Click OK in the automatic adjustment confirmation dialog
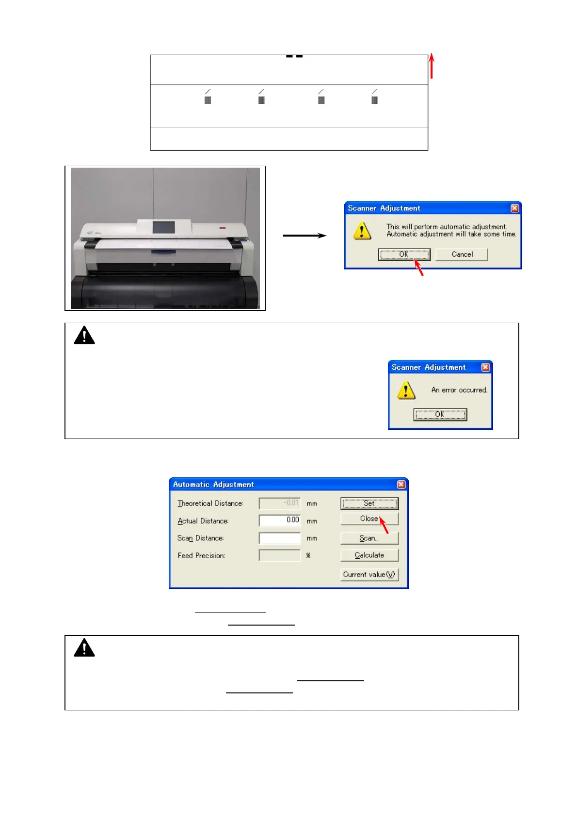point(404,254)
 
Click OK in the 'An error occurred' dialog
point(440,414)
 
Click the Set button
point(369,503)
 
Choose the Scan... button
point(369,538)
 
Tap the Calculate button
point(369,555)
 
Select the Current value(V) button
point(369,575)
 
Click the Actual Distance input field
point(280,520)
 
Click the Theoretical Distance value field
point(280,503)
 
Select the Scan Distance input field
point(280,538)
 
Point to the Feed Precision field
point(280,556)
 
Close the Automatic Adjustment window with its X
point(401,485)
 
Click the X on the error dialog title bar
point(485,367)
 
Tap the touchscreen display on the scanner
point(163,227)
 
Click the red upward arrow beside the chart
point(431,66)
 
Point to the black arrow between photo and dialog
point(305,235)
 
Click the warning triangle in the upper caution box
point(84,335)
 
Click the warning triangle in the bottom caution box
point(84,648)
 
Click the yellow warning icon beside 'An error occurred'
point(406,390)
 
